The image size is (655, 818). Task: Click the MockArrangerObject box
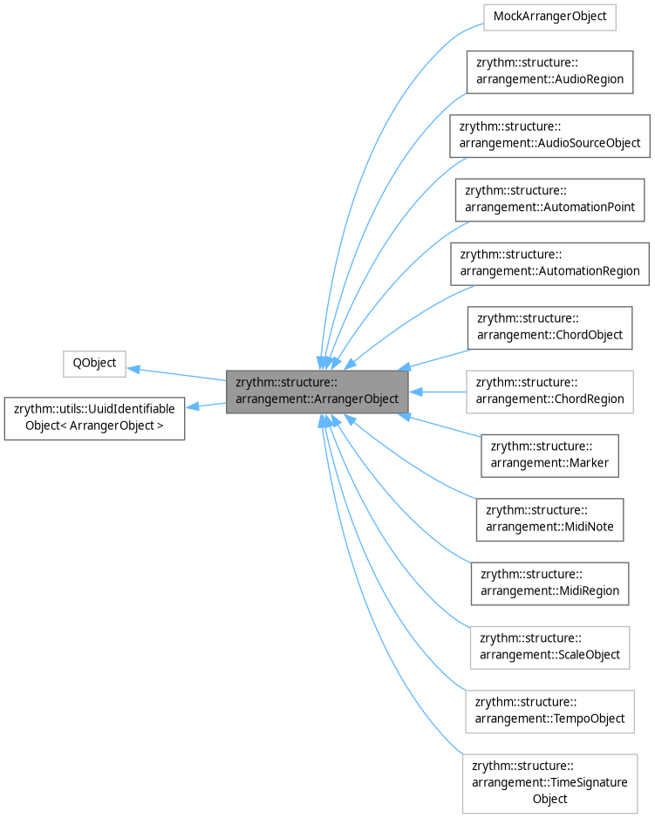549,17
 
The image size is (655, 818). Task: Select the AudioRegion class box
549,71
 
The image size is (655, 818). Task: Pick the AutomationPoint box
549,199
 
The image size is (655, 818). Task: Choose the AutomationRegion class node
549,262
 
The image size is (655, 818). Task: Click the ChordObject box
549,327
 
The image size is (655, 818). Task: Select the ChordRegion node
549,391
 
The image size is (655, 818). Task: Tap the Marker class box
549,455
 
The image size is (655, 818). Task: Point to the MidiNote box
549,519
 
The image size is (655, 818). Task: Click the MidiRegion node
549,583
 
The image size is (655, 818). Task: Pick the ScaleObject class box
549,647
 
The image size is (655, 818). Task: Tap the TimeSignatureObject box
549,782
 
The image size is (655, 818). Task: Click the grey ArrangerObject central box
317,391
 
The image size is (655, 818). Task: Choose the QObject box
95,363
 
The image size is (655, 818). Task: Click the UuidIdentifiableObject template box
94,418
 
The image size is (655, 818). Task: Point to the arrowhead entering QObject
134,369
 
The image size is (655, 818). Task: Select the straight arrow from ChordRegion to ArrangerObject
440,392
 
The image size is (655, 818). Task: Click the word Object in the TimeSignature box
549,798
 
